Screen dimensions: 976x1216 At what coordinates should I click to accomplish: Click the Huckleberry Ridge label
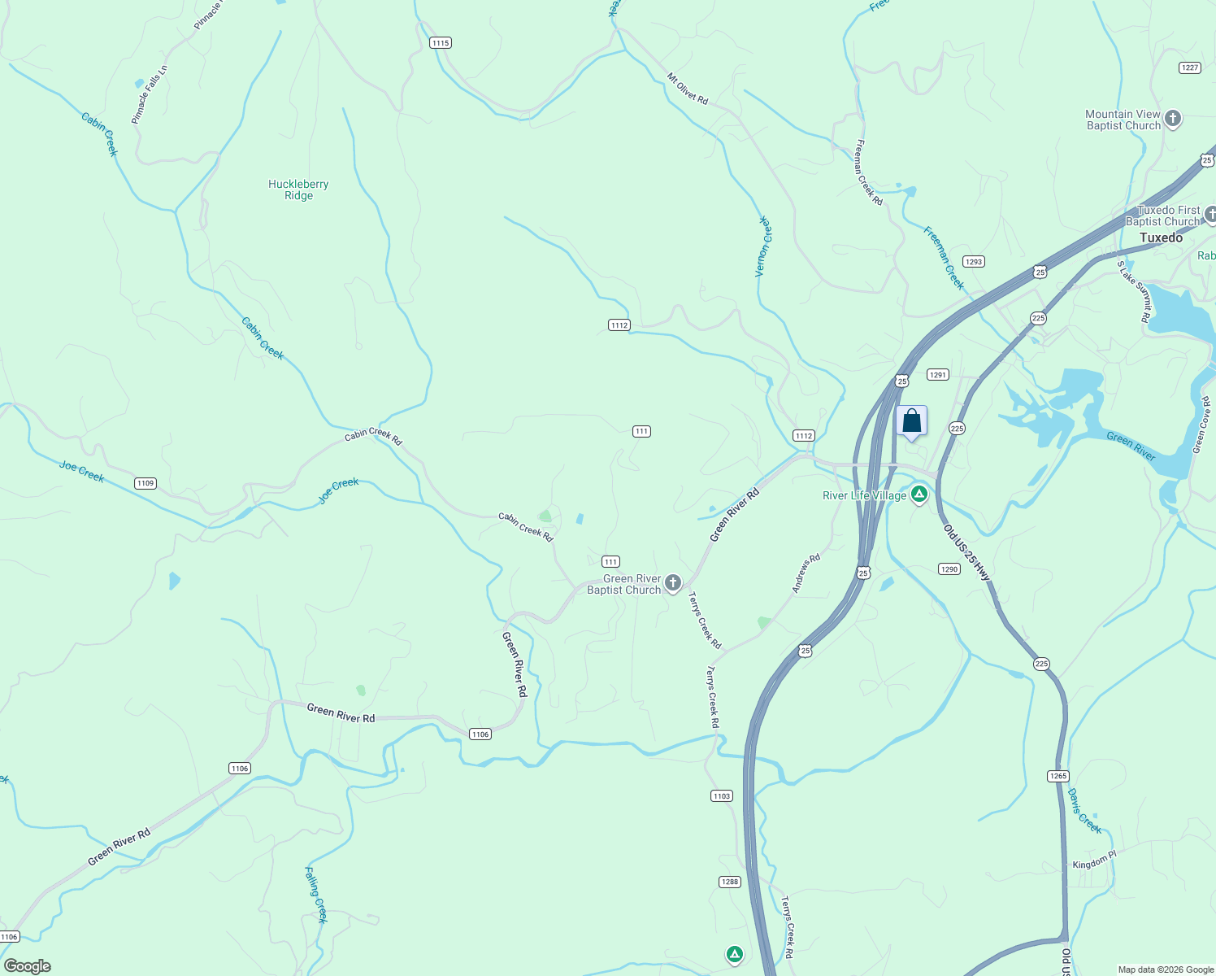(298, 190)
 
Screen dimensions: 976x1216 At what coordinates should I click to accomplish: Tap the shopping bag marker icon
(911, 421)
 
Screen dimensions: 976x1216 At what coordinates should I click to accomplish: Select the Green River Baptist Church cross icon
(672, 582)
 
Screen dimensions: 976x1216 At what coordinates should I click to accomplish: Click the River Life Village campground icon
(919, 494)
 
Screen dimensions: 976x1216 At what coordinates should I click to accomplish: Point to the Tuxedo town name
(1161, 237)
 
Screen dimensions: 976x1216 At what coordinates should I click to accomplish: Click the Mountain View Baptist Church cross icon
(1172, 119)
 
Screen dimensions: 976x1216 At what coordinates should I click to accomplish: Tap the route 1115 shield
(440, 43)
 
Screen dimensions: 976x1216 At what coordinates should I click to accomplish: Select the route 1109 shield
(145, 483)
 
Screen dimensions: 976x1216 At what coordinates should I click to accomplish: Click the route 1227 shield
(1190, 68)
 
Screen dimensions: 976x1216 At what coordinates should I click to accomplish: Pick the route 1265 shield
(1057, 776)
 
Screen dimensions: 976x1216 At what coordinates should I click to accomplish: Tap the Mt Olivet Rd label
(688, 89)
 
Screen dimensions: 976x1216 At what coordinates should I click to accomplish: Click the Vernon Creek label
(763, 246)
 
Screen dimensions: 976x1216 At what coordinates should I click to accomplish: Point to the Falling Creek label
(315, 895)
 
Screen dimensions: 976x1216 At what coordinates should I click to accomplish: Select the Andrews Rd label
(806, 573)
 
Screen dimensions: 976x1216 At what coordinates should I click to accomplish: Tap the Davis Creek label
(1084, 811)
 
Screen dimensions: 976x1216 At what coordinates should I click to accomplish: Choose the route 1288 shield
(729, 882)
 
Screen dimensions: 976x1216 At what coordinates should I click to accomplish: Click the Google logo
(27, 966)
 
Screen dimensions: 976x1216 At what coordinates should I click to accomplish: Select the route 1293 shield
(973, 262)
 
